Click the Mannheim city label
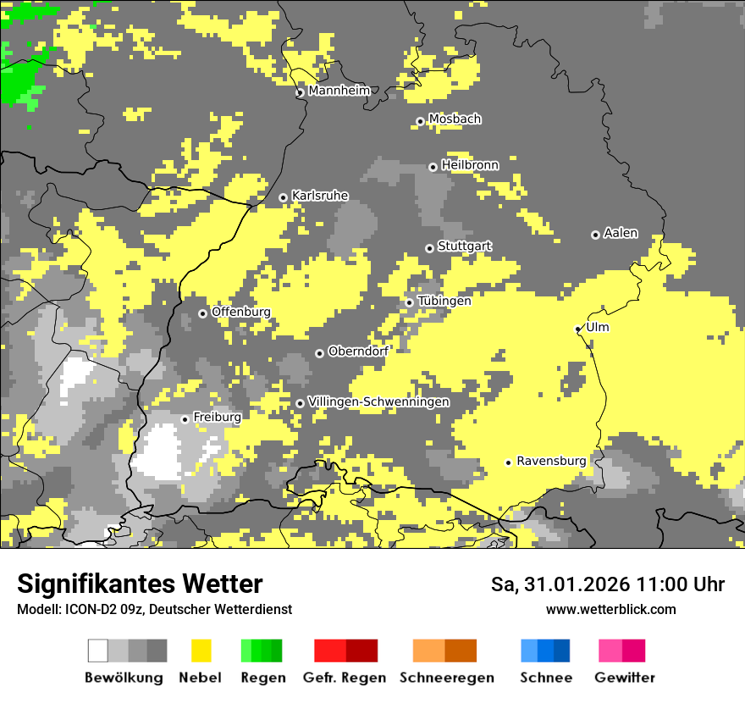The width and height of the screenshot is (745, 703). pos(339,91)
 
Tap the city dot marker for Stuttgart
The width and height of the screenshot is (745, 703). pos(429,248)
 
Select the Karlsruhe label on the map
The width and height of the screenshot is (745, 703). pos(319,196)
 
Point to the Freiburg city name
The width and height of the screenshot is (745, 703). pos(217,418)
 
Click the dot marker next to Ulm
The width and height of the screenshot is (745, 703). pos(577,329)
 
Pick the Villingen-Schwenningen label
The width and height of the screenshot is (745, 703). pos(378,401)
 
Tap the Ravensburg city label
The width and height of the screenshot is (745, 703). pos(550,461)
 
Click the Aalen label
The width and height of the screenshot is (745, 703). pos(621,233)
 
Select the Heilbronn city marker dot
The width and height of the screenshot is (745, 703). pos(433,167)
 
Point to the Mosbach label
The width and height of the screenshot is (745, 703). pos(454,119)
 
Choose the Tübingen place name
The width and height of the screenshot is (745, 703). pos(444,301)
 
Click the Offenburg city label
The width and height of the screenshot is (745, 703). pos(240,312)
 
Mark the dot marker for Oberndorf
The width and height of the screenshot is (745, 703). pos(319,353)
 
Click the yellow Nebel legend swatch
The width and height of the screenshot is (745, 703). pos(201,650)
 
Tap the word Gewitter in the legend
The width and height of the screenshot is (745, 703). pos(625,678)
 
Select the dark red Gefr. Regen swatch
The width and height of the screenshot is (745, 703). pos(361,650)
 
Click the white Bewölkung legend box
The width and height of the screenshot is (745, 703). pos(98,650)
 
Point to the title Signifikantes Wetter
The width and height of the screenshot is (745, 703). pos(140,584)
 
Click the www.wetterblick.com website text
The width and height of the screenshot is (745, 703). pos(610,609)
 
